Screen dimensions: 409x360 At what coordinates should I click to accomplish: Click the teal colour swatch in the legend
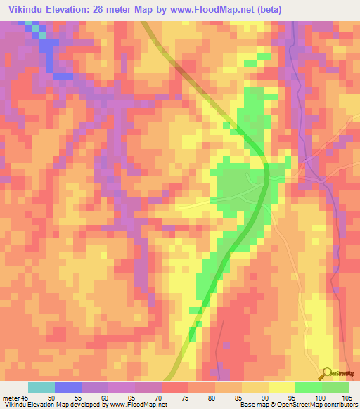click(x=41, y=387)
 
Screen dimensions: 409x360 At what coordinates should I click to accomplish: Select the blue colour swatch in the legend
click(x=68, y=387)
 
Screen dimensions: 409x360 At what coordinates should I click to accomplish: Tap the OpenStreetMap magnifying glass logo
click(x=326, y=374)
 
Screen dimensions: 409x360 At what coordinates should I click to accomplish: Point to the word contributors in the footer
click(x=340, y=405)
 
